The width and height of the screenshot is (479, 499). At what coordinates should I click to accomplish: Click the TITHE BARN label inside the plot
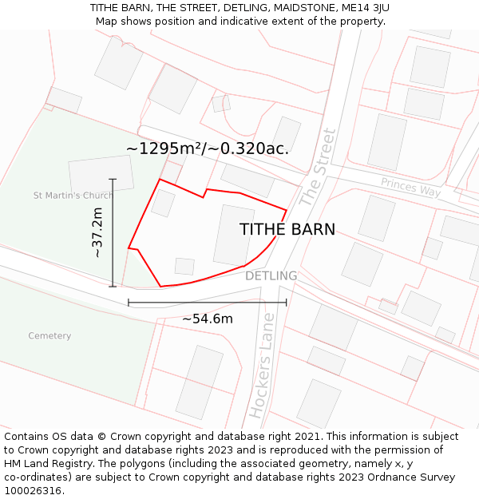point(287,229)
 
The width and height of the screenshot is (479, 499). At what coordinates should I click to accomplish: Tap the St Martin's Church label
point(73,196)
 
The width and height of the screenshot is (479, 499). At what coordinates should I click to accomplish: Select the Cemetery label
point(49,335)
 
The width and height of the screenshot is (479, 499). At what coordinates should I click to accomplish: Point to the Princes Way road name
point(410,187)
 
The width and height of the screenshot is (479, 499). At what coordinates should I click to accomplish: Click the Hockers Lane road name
point(262,366)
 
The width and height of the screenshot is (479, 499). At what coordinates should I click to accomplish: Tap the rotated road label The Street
point(318,168)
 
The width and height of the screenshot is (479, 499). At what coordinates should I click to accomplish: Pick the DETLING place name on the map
point(271,276)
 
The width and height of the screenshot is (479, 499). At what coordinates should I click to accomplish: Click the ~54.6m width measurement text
point(208,319)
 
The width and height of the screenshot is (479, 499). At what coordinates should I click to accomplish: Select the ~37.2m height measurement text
point(97,232)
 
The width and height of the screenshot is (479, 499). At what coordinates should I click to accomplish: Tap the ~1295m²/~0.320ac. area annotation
point(208,149)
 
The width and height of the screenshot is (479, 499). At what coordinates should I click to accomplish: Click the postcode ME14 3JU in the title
point(365,7)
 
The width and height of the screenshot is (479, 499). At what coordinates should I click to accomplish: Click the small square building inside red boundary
point(184,266)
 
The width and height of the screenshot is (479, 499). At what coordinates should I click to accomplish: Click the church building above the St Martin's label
point(101,175)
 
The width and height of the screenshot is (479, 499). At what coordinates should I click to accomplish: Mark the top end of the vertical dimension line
point(113,180)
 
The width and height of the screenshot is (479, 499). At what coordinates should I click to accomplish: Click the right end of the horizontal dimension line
point(286,303)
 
